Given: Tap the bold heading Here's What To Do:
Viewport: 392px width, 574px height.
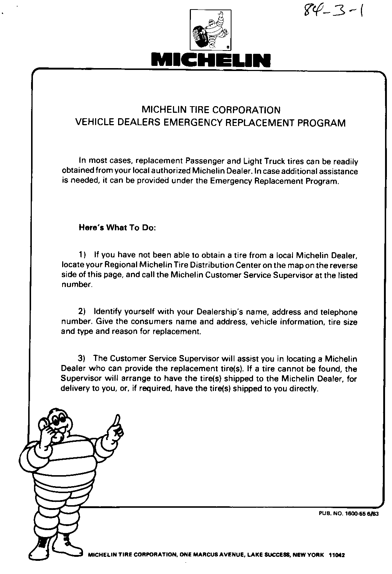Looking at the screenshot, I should tap(117, 228).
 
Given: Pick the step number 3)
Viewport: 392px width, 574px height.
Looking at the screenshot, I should tap(82, 358).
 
